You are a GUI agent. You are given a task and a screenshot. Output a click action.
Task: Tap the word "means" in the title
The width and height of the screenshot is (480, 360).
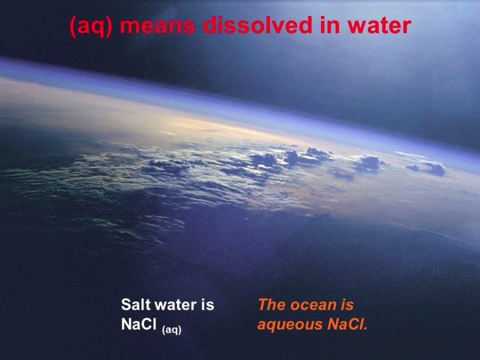157,26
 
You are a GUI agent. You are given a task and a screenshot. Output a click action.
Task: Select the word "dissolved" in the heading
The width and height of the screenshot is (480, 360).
258,25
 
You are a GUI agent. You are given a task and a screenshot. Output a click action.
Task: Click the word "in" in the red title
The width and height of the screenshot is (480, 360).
330,25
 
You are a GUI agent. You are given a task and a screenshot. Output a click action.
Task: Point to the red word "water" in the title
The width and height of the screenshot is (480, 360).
379,26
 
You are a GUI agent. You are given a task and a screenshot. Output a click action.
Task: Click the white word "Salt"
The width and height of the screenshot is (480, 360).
135,305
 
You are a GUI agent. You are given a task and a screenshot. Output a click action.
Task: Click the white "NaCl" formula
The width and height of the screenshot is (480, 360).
139,324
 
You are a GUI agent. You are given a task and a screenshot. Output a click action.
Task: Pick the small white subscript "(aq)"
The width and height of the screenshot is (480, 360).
171,330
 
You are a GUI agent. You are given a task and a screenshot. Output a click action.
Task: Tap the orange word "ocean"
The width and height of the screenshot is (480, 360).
311,306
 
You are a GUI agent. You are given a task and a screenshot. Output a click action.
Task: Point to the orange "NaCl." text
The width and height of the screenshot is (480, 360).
347,324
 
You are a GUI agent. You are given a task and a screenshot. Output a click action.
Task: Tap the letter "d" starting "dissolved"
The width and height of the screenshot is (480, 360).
210,25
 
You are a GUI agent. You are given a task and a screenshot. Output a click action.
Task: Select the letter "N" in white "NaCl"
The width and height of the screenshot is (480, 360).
127,324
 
